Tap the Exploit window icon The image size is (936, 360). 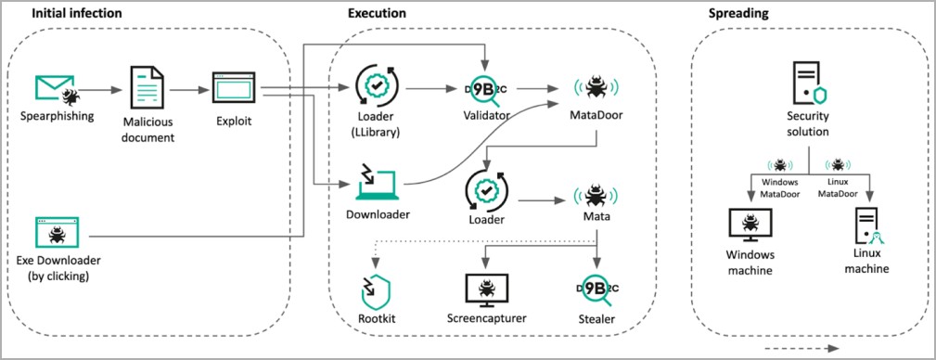(x=234, y=88)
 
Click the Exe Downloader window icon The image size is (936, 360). (x=58, y=233)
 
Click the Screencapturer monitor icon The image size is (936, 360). (x=486, y=290)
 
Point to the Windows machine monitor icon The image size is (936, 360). (x=750, y=225)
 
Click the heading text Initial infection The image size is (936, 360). (x=77, y=13)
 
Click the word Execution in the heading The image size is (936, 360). (x=378, y=13)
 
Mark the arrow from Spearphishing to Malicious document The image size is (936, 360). (x=100, y=90)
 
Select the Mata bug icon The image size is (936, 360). (x=596, y=195)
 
